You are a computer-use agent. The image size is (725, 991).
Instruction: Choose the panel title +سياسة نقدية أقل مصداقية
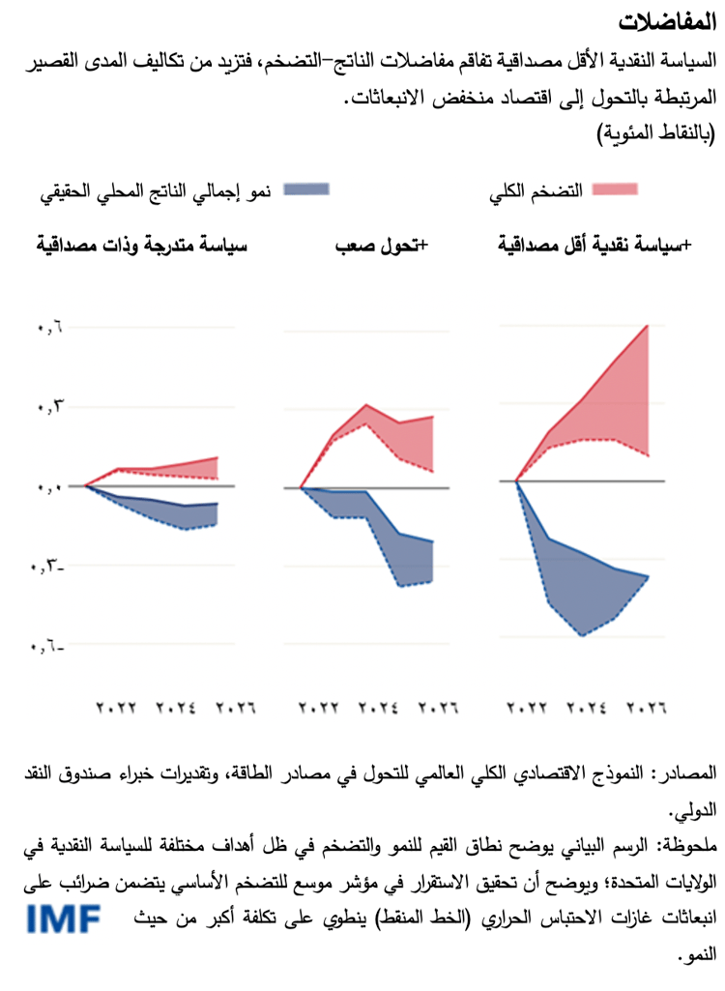click(x=591, y=246)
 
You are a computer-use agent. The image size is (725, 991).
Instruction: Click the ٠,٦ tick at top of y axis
click(x=49, y=328)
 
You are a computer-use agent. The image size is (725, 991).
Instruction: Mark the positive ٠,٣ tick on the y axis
click(x=49, y=407)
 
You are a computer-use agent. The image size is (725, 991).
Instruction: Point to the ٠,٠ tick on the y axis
click(x=49, y=487)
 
